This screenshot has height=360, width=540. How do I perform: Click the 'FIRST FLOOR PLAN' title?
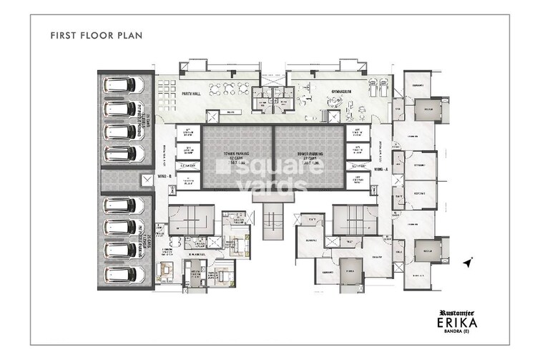[93, 34]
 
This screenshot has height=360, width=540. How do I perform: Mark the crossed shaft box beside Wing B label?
[147, 180]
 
